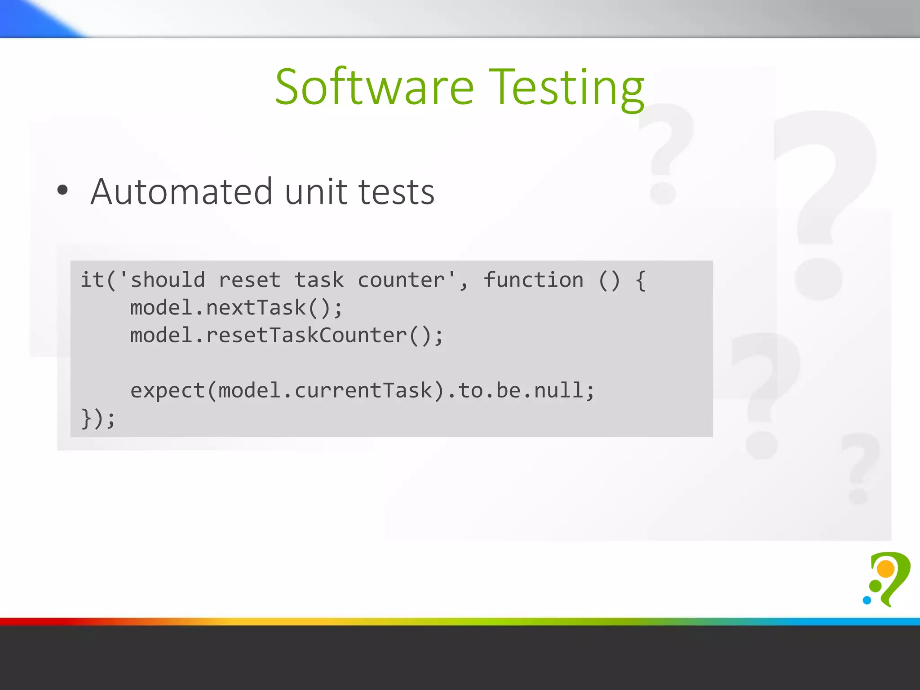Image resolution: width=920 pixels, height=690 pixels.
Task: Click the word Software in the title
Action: pos(374,87)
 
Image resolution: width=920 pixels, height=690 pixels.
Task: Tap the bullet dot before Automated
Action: pos(62,190)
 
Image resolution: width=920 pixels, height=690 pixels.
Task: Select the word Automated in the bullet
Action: pos(181,192)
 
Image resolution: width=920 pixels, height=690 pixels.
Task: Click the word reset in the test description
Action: pos(250,280)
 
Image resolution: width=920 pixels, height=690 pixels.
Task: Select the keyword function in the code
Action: pos(533,280)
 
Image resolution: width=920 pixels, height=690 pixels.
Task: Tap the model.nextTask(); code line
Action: pos(236,308)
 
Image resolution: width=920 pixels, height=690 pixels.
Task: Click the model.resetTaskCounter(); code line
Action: pos(287,336)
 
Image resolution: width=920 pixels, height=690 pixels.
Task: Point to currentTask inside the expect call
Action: pos(363,390)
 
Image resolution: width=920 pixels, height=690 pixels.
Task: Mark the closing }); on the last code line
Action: pos(98,419)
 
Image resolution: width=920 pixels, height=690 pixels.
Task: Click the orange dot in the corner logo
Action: pos(886,569)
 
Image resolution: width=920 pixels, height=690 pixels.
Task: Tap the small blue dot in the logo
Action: pos(867,600)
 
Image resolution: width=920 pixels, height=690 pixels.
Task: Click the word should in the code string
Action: pos(168,280)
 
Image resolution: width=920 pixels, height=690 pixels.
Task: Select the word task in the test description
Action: pos(319,280)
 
